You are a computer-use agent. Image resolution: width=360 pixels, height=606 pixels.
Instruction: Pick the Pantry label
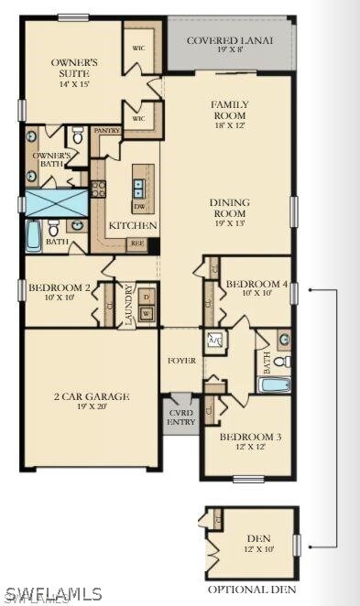pyautogui.click(x=107, y=131)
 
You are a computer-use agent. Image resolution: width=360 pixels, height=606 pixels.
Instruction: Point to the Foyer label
pyautogui.click(x=182, y=361)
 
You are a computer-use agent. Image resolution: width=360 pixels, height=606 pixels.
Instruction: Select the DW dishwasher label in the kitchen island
pyautogui.click(x=139, y=208)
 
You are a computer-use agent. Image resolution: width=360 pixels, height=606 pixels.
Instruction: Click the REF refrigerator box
pyautogui.click(x=137, y=243)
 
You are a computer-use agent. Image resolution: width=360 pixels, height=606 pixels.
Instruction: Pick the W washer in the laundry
pyautogui.click(x=146, y=314)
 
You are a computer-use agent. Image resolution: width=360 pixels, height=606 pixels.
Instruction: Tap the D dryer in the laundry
pyautogui.click(x=146, y=298)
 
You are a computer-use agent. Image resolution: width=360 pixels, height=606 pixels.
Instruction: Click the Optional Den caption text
pyautogui.click(x=251, y=589)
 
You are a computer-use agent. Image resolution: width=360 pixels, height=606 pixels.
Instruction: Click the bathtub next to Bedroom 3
pyautogui.click(x=274, y=385)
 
